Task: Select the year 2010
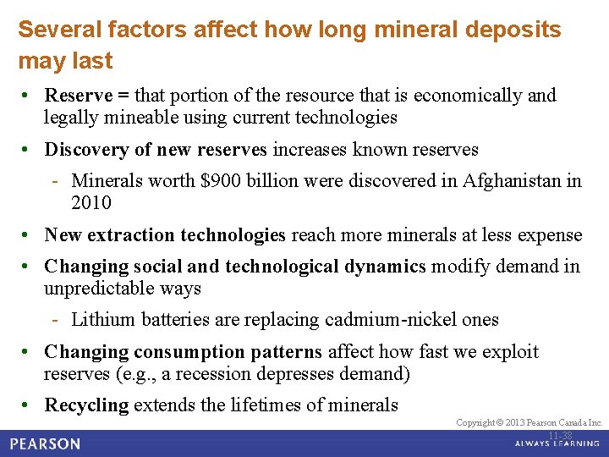(x=91, y=203)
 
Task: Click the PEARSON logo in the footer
(x=47, y=443)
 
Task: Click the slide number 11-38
(x=560, y=436)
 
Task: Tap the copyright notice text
(x=529, y=422)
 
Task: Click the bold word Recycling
(x=86, y=405)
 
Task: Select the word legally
(x=70, y=117)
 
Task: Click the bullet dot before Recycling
(x=27, y=405)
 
